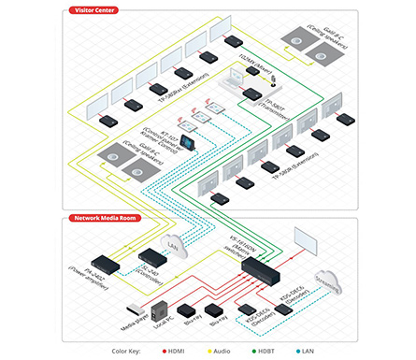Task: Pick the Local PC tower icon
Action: point(160,309)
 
